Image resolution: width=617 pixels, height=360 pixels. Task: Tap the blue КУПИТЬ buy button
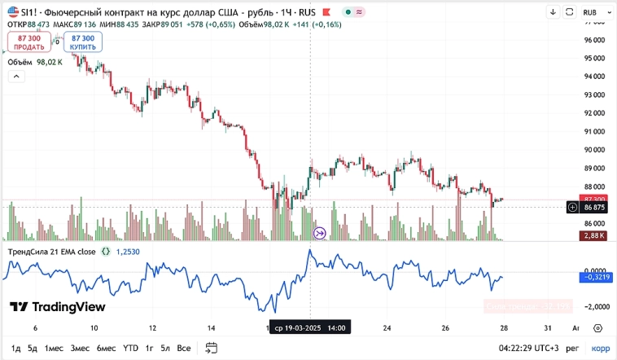[x=83, y=42]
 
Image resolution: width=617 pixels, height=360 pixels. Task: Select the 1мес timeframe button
[x=54, y=348]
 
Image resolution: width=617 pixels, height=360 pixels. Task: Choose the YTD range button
[x=130, y=348]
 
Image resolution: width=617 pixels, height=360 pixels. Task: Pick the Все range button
[x=184, y=348]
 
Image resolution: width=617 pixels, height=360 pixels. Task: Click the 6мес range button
[x=106, y=348]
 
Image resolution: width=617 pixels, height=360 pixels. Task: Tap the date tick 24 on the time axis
[x=387, y=327]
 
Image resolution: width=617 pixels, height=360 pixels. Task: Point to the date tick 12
[x=153, y=327]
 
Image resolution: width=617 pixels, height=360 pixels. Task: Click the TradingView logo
[x=58, y=307]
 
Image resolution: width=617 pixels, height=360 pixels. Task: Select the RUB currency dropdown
[x=595, y=12]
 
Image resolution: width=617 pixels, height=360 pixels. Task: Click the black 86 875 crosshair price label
[x=594, y=208]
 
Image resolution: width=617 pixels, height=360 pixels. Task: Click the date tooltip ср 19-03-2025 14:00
[x=309, y=327]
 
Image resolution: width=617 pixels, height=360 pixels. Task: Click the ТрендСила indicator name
[x=51, y=252]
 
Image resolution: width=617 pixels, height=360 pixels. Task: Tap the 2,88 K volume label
[x=594, y=235]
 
